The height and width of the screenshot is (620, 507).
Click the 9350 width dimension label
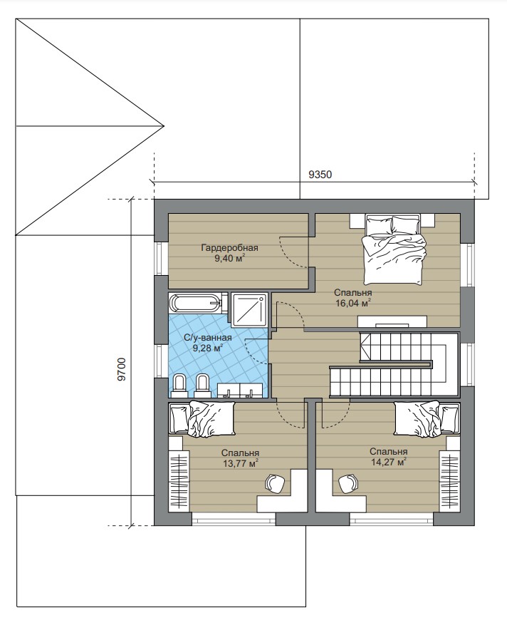(320, 175)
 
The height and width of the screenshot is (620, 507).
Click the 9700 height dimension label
(122, 369)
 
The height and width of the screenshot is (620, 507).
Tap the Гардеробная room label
(229, 248)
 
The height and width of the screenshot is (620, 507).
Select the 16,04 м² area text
(352, 303)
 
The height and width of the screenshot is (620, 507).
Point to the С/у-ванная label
(208, 338)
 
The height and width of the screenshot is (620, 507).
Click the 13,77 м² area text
(241, 463)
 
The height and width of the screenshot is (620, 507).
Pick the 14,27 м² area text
(389, 461)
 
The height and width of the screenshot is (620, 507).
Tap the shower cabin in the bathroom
(249, 310)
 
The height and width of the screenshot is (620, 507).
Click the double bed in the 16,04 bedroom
(394, 249)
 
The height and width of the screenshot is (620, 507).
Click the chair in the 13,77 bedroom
(275, 483)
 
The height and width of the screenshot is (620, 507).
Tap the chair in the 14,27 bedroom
(348, 483)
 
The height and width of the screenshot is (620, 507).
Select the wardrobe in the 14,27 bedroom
(449, 479)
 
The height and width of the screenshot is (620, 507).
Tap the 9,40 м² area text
(229, 259)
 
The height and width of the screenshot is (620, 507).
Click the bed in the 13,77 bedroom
(202, 419)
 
